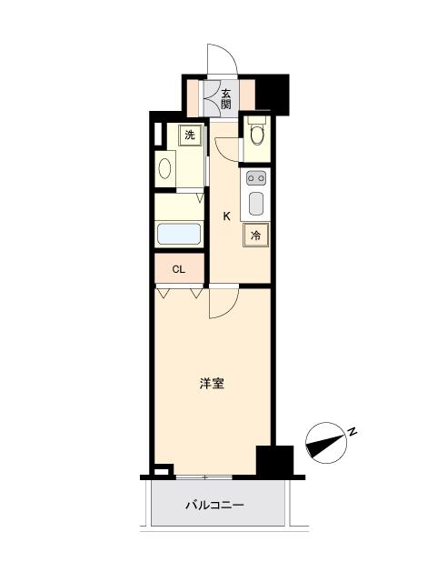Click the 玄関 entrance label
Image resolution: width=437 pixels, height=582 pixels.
225,99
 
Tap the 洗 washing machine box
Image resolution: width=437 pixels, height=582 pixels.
190,135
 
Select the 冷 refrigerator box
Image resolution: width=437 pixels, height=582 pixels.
255,235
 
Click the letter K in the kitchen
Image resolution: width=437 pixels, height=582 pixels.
226,216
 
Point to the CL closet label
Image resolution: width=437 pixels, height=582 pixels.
178,269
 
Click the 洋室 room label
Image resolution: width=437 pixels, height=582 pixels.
212,384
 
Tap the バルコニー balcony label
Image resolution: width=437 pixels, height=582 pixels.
214,506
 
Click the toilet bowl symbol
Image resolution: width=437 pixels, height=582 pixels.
257,135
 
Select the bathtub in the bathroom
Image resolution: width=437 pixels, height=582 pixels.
179,234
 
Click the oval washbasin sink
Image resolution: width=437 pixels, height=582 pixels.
164,168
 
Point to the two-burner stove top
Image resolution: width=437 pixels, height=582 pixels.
256,178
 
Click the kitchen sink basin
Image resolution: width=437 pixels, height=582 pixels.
256,204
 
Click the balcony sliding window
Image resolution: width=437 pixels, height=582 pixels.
204,477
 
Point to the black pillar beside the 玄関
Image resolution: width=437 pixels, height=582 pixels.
273,94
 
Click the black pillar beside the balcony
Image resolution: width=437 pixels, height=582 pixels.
275,461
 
